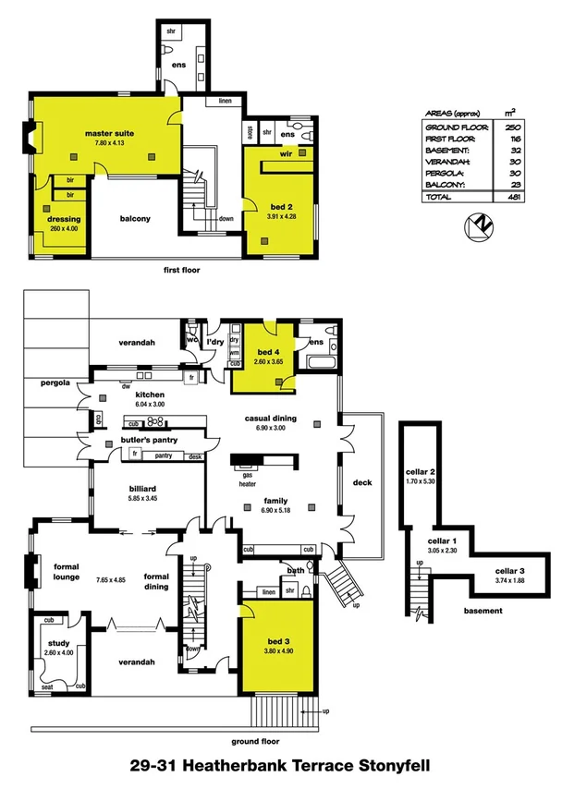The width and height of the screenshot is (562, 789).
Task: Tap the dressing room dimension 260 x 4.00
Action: pos(66,228)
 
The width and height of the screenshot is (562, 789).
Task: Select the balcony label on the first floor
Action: pos(135,219)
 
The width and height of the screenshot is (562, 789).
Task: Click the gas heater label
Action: pos(246,479)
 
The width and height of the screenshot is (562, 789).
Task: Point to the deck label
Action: pos(362,483)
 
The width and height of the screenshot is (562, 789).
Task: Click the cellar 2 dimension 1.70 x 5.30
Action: pos(421,481)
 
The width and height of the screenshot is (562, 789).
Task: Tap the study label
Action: pos(57,644)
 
